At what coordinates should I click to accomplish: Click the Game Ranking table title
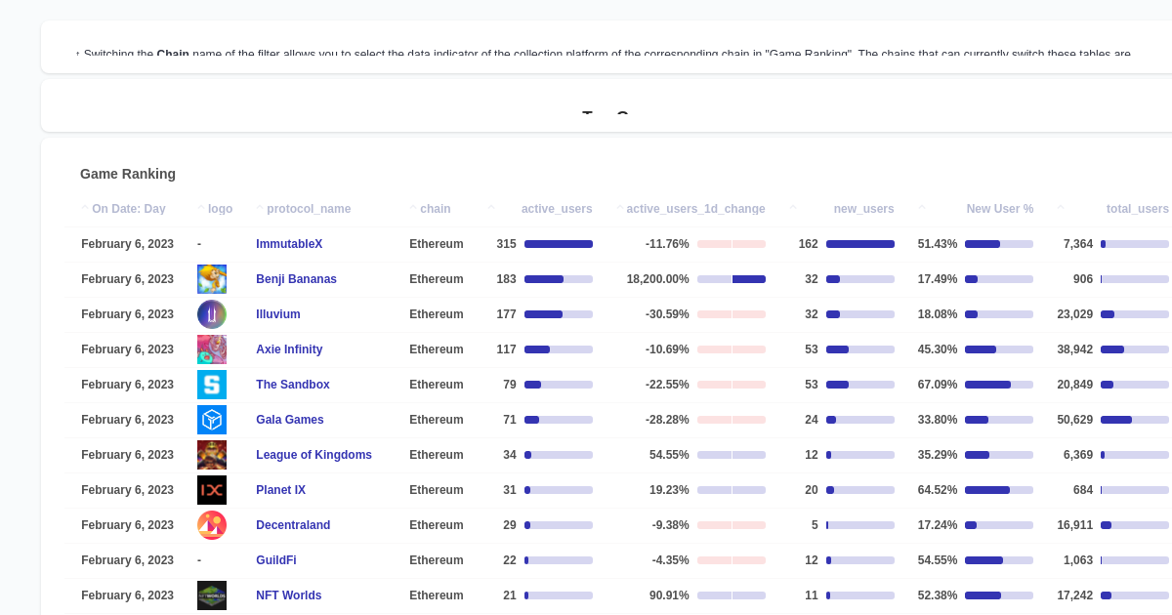(x=128, y=174)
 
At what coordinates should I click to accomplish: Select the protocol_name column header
(x=308, y=209)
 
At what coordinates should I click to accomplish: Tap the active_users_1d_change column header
(x=695, y=209)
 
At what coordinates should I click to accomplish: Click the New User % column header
(x=999, y=209)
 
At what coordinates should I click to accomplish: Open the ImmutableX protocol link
(x=289, y=244)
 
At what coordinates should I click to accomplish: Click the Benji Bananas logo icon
(x=212, y=279)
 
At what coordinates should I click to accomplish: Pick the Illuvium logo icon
(x=212, y=314)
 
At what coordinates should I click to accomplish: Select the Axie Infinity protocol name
(x=289, y=349)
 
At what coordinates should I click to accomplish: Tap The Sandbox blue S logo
(x=212, y=385)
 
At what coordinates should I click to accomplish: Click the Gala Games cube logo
(x=212, y=420)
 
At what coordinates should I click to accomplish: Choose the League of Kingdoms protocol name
(x=314, y=455)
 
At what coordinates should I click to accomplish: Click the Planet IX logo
(x=212, y=490)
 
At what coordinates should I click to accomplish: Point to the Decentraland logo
(x=212, y=525)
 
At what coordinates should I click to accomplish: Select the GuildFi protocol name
(x=276, y=560)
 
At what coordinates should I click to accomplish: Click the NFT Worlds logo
(x=212, y=595)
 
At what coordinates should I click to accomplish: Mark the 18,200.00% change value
(x=657, y=279)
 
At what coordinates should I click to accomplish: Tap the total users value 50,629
(x=1074, y=420)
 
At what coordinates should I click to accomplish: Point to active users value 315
(x=506, y=244)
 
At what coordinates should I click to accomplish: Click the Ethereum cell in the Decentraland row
(x=436, y=525)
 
